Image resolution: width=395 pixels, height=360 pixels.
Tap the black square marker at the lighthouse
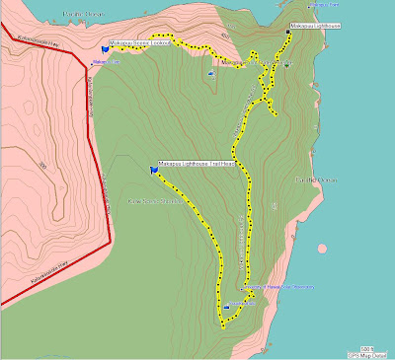[288, 33]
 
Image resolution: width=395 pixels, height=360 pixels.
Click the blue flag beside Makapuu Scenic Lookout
[105, 45]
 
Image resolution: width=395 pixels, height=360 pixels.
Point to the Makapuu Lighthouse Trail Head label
[197, 164]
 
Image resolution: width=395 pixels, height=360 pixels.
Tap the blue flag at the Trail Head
[154, 170]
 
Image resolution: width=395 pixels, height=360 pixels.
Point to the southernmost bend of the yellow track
[220, 320]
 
